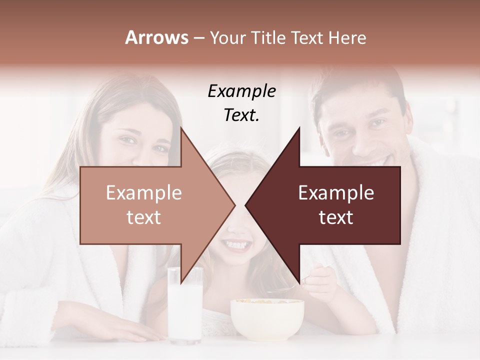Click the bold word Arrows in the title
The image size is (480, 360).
click(156, 37)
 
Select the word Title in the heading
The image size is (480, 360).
click(267, 37)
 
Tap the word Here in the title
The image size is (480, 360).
click(347, 37)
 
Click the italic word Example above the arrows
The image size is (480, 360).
click(241, 91)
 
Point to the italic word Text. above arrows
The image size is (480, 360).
click(241, 115)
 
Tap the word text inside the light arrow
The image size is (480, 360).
click(143, 217)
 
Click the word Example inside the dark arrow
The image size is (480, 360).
click(336, 192)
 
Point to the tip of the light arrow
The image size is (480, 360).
click(234, 205)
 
